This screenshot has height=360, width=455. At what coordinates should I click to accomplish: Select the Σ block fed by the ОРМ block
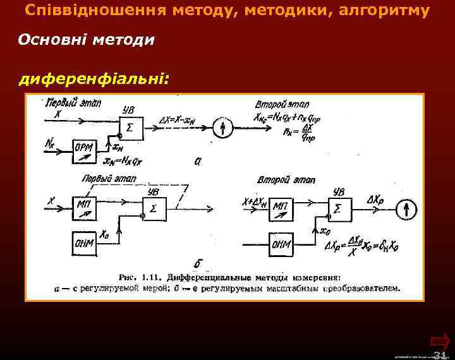tap(130, 127)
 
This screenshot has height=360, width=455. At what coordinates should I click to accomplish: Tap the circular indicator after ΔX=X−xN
tap(223, 127)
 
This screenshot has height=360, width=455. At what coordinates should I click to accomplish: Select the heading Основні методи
tap(86, 40)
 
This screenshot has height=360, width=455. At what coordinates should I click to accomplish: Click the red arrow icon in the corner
tap(440, 339)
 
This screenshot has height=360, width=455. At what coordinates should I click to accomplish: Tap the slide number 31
tap(440, 354)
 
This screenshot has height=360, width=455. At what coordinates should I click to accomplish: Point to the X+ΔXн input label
tap(256, 201)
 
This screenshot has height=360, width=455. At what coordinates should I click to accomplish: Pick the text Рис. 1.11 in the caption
tap(138, 277)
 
